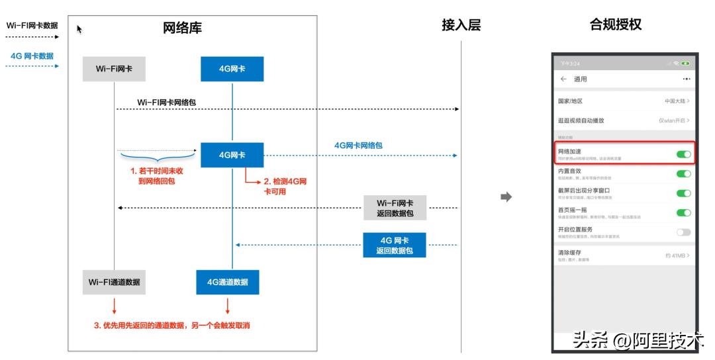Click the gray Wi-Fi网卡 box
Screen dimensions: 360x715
(x=113, y=69)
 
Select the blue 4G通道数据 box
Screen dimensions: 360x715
(x=228, y=282)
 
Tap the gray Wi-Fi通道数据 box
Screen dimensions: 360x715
(x=115, y=282)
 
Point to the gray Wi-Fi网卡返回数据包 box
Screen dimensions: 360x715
(x=395, y=208)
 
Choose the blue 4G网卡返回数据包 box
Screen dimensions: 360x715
(x=395, y=245)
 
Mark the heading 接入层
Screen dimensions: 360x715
(x=461, y=25)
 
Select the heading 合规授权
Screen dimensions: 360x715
(x=616, y=25)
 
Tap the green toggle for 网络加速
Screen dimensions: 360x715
(x=683, y=154)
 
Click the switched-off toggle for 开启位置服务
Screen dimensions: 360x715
(x=683, y=232)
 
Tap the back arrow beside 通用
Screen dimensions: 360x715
(x=563, y=79)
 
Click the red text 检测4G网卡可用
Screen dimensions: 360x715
(x=285, y=185)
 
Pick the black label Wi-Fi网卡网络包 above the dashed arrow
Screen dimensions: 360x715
(x=166, y=103)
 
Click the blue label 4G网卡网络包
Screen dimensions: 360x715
(x=358, y=145)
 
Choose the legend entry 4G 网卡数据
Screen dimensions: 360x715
(x=32, y=56)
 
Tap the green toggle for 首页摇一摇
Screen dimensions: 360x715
(x=683, y=212)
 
